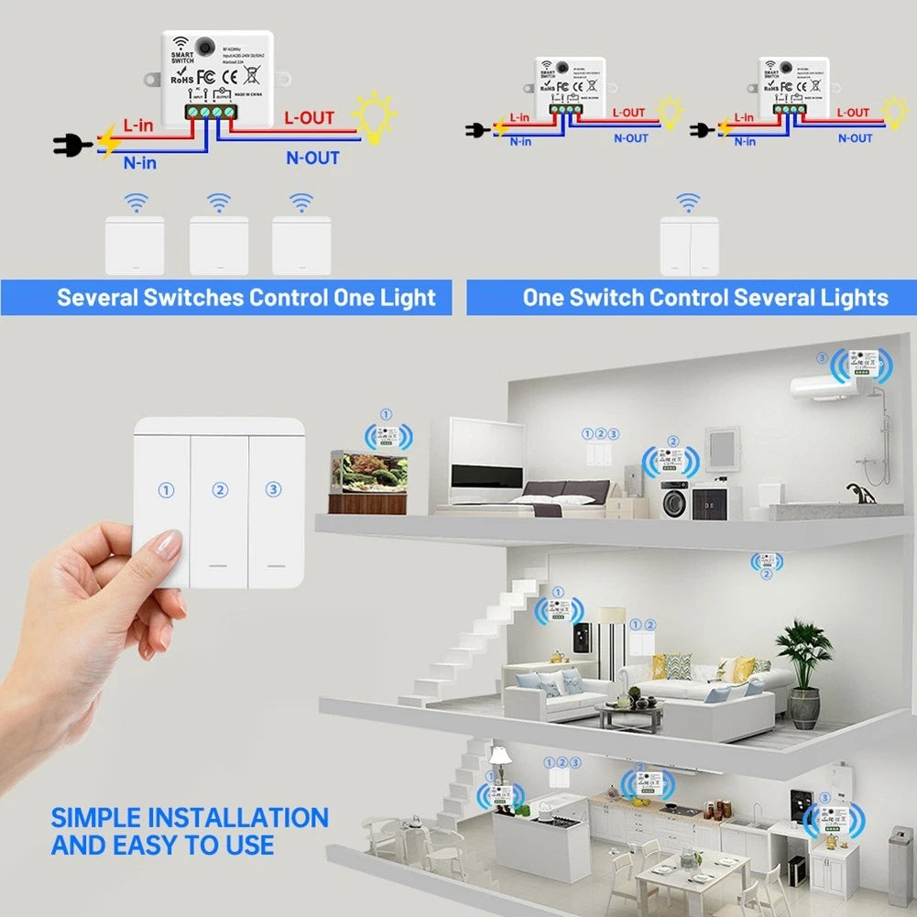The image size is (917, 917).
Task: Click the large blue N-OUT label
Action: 312,158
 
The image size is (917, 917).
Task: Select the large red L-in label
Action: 137,125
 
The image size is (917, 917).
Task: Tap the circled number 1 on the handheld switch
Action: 166,490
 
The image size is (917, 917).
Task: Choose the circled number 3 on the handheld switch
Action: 273,490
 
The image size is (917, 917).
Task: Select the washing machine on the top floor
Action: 674,500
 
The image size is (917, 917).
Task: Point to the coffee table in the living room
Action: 628,713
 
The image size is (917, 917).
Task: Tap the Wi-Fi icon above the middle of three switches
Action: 218,202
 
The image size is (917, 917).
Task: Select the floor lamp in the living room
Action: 610,632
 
